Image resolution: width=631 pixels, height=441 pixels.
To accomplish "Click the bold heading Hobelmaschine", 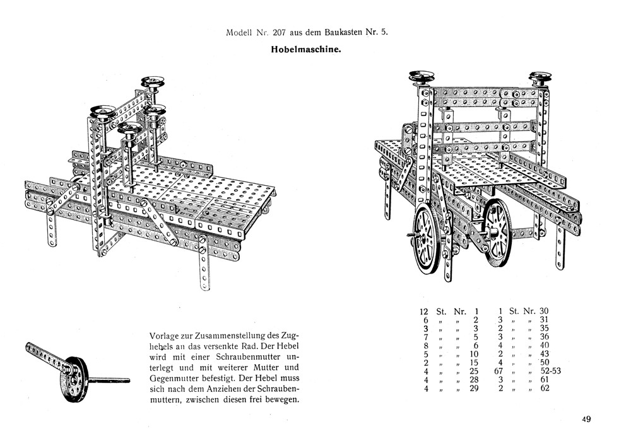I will tap(305, 49).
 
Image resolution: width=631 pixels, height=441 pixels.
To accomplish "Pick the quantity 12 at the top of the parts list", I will tap(424, 311).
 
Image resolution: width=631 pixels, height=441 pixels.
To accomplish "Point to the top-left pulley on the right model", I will tap(422, 77).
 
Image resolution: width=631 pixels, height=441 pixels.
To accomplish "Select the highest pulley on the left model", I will tap(153, 82).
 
